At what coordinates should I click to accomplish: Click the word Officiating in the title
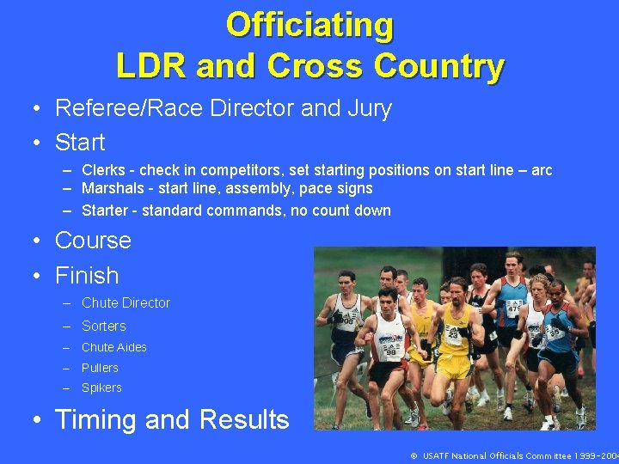309,25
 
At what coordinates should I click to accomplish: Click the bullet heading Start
80,143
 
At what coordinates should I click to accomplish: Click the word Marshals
108,188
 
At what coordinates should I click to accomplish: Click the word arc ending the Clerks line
542,170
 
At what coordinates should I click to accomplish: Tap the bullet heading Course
93,241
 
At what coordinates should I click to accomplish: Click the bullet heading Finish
87,276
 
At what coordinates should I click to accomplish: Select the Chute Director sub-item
126,303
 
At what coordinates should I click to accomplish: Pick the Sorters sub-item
103,327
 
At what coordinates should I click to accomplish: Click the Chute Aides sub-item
113,347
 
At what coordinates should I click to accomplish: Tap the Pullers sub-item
100,368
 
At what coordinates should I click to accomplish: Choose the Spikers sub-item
101,388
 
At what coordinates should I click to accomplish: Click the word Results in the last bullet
244,420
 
